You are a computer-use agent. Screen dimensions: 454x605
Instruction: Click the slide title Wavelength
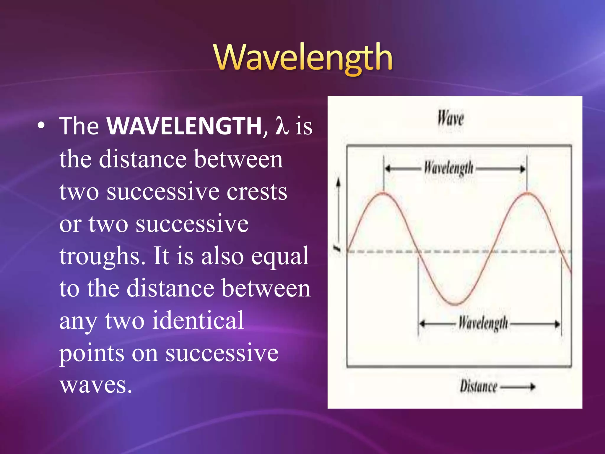coord(303,58)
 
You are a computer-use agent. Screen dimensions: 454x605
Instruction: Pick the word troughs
coord(102,256)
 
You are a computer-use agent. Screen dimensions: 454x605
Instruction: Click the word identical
coord(198,320)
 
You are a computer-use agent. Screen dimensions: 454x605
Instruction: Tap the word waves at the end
coord(95,385)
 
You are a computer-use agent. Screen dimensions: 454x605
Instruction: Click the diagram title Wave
coord(451,118)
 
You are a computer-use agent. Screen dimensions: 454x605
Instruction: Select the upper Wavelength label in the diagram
coord(448,168)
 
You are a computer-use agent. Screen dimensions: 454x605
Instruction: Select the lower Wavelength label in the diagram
coord(483,323)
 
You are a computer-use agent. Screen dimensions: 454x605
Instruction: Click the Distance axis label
coord(478,386)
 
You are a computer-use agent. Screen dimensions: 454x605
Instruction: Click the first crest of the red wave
coord(383,194)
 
